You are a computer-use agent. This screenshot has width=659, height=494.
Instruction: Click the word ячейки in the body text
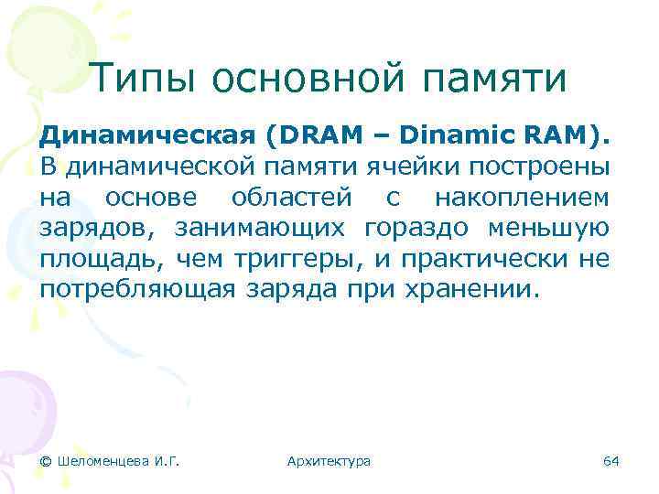point(416,167)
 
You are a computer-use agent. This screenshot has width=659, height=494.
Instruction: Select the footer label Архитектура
point(329,461)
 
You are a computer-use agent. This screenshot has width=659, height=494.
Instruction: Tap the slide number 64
point(610,461)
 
